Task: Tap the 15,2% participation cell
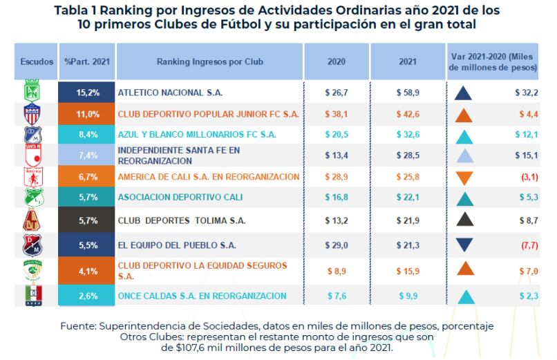coord(88,91)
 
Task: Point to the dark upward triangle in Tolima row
coord(464,221)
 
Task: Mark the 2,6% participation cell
coord(88,296)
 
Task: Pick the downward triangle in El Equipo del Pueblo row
coord(464,245)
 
